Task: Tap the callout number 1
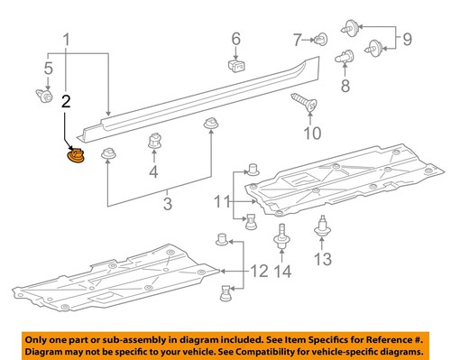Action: [65, 40]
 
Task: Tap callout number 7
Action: [343, 87]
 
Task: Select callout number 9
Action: [311, 134]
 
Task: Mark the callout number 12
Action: [322, 261]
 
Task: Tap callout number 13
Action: [282, 271]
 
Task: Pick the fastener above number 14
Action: [281, 238]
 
